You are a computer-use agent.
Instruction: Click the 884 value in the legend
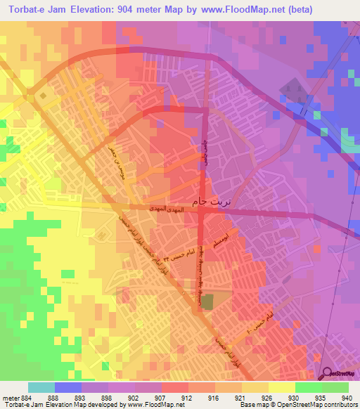(22, 397)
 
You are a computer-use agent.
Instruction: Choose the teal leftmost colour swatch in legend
(41, 387)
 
